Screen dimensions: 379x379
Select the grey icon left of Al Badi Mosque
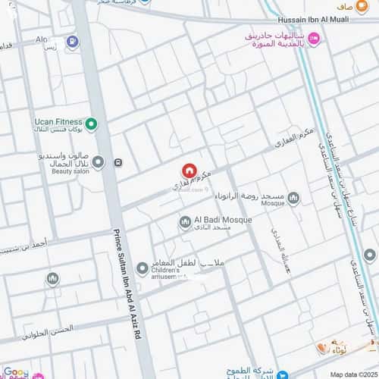184,222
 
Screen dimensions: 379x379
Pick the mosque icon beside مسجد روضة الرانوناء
293,199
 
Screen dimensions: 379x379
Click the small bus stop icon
118,162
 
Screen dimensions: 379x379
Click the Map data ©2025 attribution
350,374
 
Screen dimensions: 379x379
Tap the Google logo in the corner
16,373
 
